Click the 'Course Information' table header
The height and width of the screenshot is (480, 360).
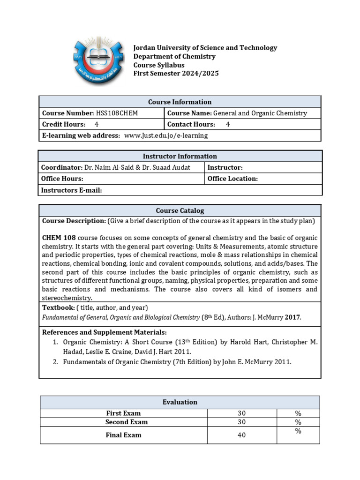pos(180,102)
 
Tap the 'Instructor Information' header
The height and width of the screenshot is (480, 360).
pos(180,156)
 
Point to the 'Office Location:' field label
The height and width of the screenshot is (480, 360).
pos(232,179)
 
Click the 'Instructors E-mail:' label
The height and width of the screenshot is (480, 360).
pos(71,190)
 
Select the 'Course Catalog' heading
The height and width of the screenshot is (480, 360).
pos(180,210)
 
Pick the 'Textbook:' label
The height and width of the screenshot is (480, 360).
pos(58,307)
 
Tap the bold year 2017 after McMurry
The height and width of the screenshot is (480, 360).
pos(292,317)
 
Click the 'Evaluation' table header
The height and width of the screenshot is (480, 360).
pos(180,402)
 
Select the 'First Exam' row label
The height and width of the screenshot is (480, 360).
pos(123,413)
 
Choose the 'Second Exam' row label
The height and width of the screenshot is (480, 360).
pos(123,422)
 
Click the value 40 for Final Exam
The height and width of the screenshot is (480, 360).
pos(241,435)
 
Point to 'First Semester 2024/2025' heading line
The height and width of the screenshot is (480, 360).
pos(176,74)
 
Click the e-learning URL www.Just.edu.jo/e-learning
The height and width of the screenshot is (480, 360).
pos(165,135)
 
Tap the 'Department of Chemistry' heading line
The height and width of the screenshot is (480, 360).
pos(174,56)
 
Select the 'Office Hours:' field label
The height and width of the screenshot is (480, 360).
pos(62,179)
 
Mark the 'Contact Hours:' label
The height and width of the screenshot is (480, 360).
pos(191,124)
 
